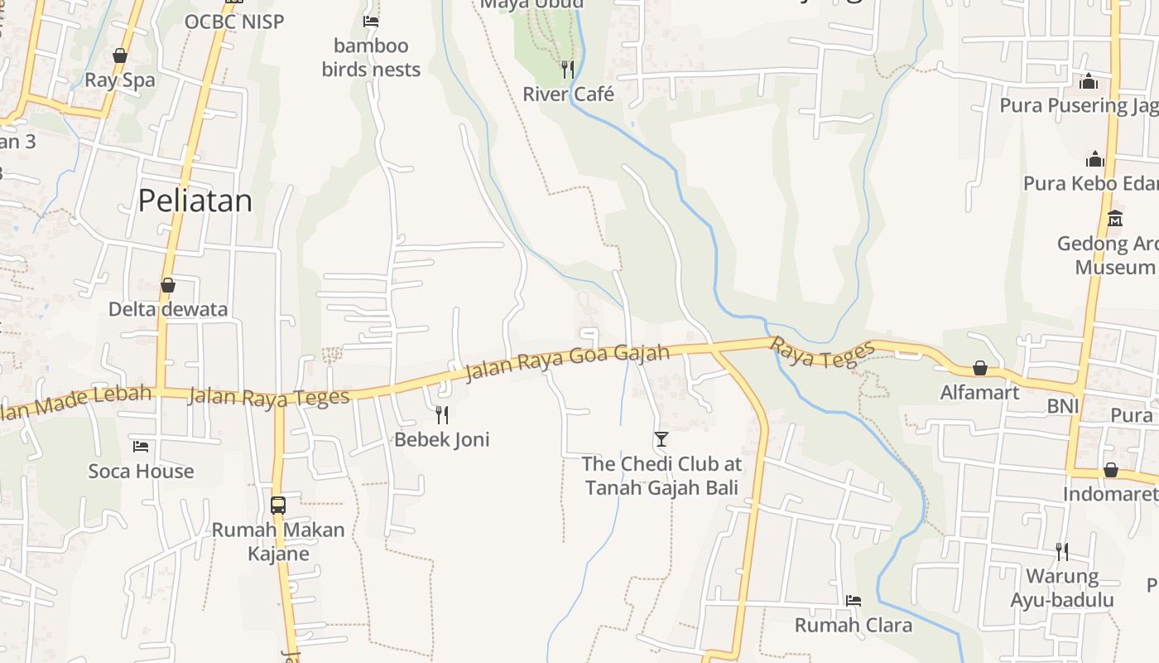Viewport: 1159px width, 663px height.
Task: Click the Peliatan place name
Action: point(195,201)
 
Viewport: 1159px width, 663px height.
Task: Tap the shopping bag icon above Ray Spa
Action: point(120,56)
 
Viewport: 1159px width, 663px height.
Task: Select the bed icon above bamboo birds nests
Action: point(371,21)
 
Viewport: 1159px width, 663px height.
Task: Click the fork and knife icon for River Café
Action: point(567,69)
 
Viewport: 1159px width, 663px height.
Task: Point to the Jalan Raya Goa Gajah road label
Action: point(567,362)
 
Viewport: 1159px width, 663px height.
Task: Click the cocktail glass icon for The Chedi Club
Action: point(661,438)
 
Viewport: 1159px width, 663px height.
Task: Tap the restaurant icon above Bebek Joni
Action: point(442,414)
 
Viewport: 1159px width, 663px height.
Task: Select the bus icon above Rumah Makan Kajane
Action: point(278,505)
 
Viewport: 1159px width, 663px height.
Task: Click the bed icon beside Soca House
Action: point(141,447)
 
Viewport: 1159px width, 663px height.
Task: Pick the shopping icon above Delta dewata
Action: point(168,285)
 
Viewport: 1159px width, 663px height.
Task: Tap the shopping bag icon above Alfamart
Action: point(980,367)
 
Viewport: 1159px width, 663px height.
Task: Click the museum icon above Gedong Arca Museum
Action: point(1115,219)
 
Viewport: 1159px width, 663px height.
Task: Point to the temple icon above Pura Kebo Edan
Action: point(1095,158)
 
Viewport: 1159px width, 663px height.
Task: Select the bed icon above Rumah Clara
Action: point(854,600)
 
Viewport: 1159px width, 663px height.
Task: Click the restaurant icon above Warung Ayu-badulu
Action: point(1061,551)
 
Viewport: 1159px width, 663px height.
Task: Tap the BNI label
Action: point(1063,406)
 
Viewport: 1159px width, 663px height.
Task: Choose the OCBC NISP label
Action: point(234,22)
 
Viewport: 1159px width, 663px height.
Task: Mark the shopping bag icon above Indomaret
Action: point(1111,470)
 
